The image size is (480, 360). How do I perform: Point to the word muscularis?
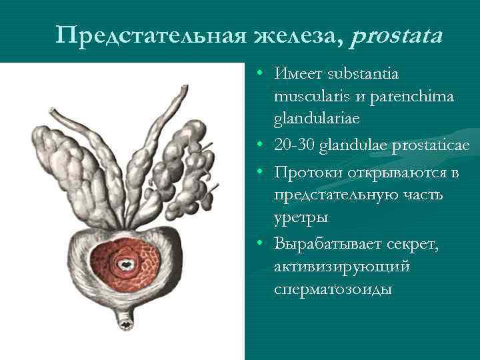[309, 97]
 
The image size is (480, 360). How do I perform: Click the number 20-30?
[294, 145]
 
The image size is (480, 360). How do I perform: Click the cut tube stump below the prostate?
[125, 324]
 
